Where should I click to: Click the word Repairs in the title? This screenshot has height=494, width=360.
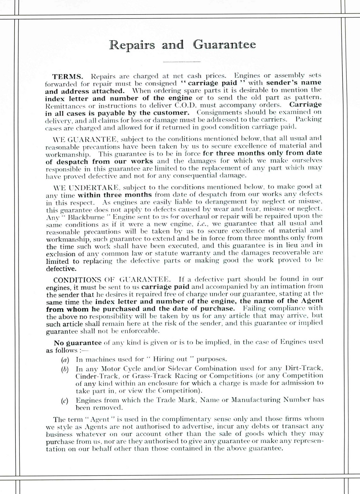click(132, 45)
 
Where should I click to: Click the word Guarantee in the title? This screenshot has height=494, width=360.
click(225, 45)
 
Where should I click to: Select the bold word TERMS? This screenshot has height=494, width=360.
click(67, 76)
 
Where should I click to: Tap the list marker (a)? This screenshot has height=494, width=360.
click(65, 359)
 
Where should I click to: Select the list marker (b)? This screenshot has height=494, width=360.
click(65, 369)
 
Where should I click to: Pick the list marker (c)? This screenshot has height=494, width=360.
click(65, 401)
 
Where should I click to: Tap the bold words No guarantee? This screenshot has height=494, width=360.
click(78, 342)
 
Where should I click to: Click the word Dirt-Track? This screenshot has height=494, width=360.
click(304, 368)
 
